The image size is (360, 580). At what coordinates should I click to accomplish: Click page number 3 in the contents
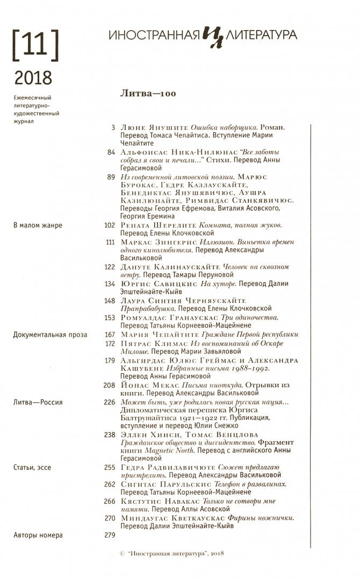(x=113, y=128)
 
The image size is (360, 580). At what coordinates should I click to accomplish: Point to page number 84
(x=111, y=152)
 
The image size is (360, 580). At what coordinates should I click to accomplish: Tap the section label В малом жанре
(x=37, y=226)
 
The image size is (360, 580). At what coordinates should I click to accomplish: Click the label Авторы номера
(x=38, y=535)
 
